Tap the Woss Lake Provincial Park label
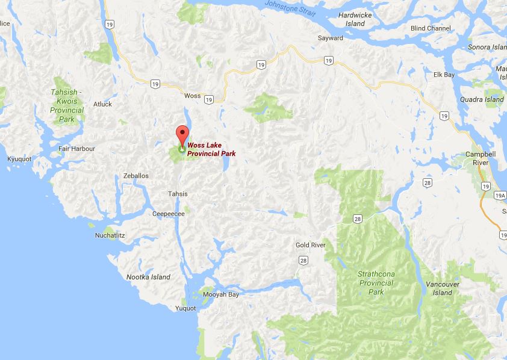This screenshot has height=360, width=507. [211, 149]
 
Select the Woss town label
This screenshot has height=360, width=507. [193, 96]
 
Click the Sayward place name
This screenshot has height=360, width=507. [331, 38]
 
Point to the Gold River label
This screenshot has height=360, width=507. [311, 245]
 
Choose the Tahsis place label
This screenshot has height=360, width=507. [178, 194]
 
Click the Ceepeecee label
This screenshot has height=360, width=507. [169, 213]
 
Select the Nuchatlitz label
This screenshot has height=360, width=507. [110, 235]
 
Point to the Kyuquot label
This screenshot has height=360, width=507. [19, 158]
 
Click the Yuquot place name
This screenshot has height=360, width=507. [185, 309]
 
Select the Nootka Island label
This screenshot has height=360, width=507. [148, 277]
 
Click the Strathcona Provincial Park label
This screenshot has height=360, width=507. [376, 282]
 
